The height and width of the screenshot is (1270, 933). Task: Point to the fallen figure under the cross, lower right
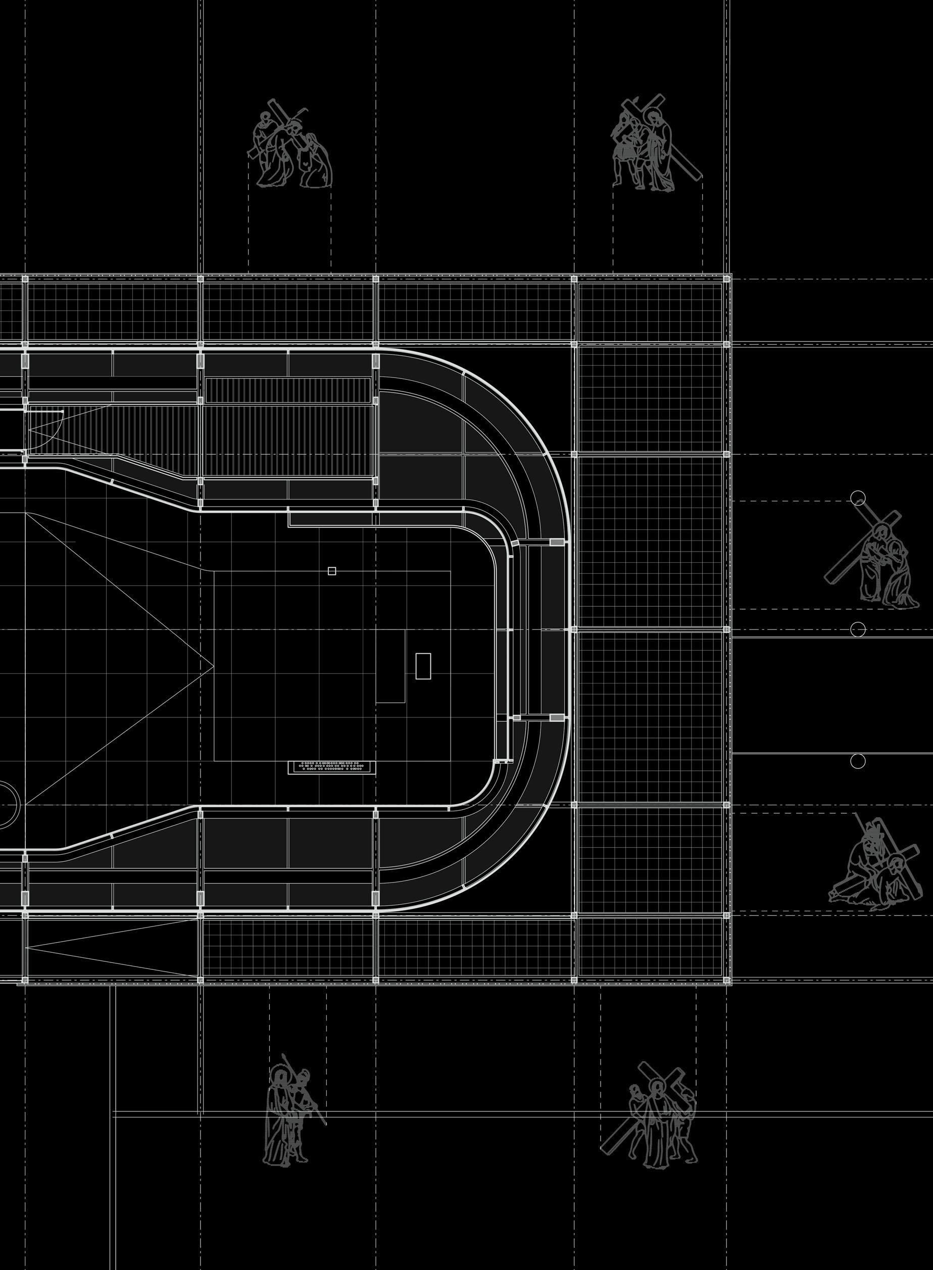coord(872,867)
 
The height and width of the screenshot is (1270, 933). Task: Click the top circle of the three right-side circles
coord(857,498)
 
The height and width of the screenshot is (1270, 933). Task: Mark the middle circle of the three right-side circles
coord(857,629)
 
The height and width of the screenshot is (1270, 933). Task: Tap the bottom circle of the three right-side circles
coord(857,761)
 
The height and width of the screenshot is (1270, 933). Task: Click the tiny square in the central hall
coord(331,571)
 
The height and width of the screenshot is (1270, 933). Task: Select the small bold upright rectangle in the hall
coord(423,666)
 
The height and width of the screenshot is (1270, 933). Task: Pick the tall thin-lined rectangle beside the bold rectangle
coord(391,666)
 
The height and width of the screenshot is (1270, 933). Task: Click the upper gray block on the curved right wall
coord(557,542)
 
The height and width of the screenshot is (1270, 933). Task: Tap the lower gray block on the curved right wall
coord(557,717)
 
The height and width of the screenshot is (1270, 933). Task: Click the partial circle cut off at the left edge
coord(8,805)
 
